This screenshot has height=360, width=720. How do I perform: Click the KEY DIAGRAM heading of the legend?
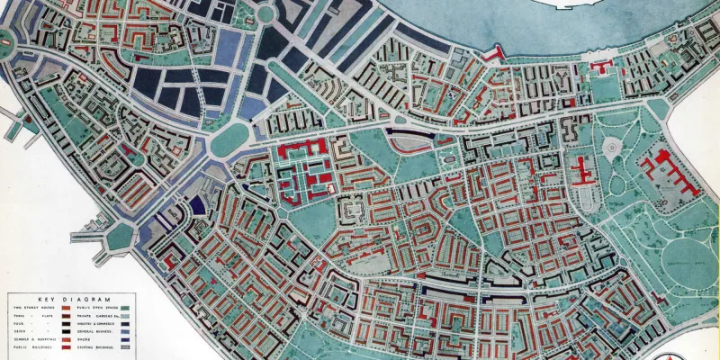(x=74, y=300)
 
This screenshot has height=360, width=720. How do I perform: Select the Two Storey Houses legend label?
(x=34, y=308)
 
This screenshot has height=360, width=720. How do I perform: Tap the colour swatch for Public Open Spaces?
(x=125, y=308)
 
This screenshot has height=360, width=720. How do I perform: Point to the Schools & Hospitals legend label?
(x=34, y=339)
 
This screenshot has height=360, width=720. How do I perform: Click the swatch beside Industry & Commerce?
(x=125, y=324)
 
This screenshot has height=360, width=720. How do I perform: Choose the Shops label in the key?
(x=84, y=339)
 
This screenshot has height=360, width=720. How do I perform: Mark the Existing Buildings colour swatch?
(x=125, y=347)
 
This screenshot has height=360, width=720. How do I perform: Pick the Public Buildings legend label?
(x=32, y=347)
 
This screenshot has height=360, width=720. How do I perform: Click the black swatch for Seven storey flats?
(x=66, y=331)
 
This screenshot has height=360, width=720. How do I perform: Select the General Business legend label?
(x=94, y=331)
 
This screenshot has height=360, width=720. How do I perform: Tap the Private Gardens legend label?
(x=98, y=316)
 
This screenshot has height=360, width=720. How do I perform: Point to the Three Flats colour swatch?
(x=66, y=316)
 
